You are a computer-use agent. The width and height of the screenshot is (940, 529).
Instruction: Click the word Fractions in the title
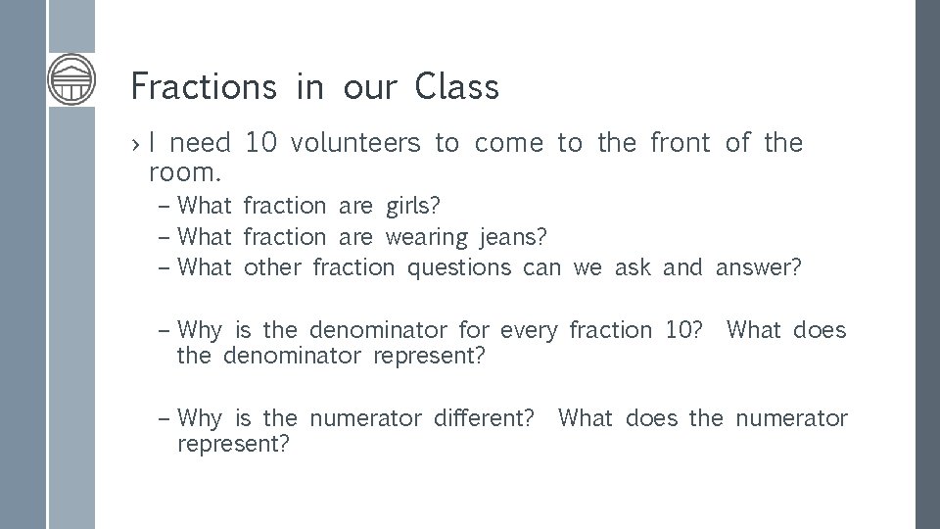click(203, 87)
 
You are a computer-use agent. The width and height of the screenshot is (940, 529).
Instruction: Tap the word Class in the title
click(456, 87)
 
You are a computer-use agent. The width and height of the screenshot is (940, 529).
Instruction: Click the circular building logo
click(72, 78)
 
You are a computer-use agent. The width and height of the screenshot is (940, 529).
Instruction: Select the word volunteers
click(355, 144)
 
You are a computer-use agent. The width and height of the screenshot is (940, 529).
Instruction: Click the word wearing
click(427, 237)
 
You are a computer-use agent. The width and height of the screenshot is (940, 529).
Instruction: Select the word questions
click(458, 267)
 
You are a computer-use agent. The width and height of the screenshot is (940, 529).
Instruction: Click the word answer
click(758, 267)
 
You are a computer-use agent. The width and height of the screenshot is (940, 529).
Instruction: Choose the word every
click(528, 331)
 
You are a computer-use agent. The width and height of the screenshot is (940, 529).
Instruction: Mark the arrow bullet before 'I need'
click(138, 145)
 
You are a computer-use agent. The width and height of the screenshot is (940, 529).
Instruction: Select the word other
click(273, 267)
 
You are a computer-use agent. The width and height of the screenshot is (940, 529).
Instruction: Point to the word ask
click(633, 267)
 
